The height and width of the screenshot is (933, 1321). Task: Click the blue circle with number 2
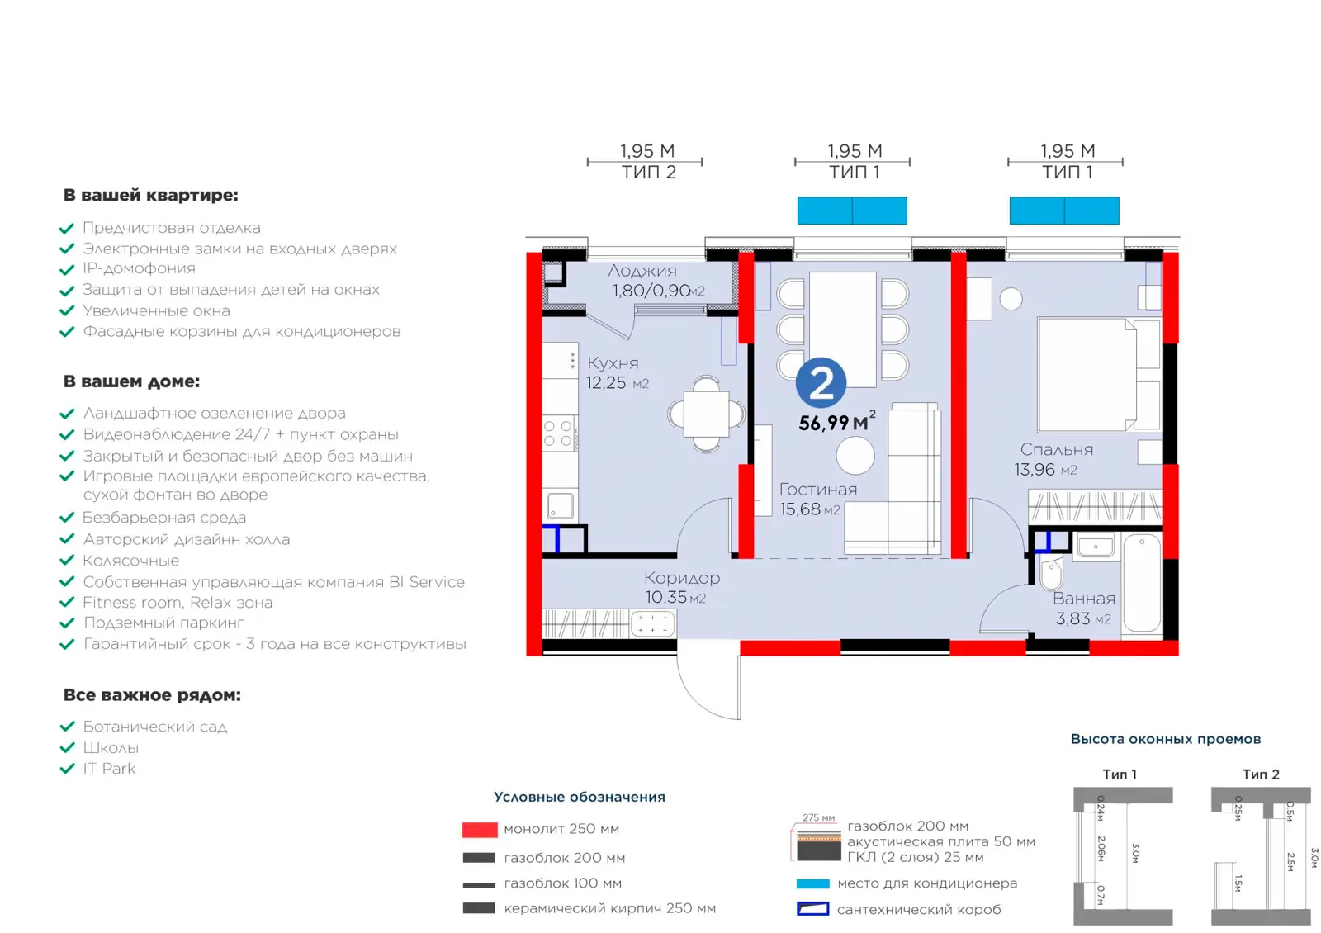point(821,383)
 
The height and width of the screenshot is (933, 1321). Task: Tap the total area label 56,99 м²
point(837,422)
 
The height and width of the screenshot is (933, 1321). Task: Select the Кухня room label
point(613,362)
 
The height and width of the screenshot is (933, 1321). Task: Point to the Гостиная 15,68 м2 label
point(818,499)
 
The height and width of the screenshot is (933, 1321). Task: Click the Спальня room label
point(1056,449)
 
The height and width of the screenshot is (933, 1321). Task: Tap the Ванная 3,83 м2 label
point(1084,609)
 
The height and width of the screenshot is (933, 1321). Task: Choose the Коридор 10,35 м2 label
point(682,587)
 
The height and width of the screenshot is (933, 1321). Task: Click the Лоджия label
point(642,271)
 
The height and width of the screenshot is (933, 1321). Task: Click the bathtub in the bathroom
point(1142,583)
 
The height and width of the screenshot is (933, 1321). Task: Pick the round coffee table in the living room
point(855,455)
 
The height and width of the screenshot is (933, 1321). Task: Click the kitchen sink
point(560,506)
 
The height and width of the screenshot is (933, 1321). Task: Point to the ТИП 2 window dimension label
point(648,173)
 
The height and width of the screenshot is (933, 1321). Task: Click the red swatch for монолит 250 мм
point(480,830)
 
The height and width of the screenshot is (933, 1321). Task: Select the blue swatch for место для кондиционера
point(812,883)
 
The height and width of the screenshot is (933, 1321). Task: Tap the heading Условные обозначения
point(579,797)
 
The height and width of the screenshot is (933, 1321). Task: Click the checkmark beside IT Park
point(67,769)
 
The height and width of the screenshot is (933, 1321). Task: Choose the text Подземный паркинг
point(163,623)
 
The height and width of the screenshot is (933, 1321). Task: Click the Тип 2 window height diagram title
point(1260,774)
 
